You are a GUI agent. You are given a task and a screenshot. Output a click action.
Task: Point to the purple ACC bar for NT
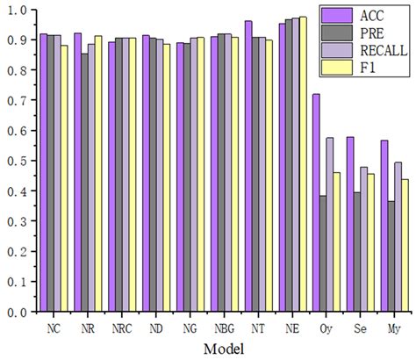pos(248,166)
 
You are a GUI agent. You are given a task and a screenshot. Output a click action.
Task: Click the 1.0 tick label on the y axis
pos(18,11)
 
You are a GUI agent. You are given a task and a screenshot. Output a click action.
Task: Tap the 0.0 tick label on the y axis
pos(18,312)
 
